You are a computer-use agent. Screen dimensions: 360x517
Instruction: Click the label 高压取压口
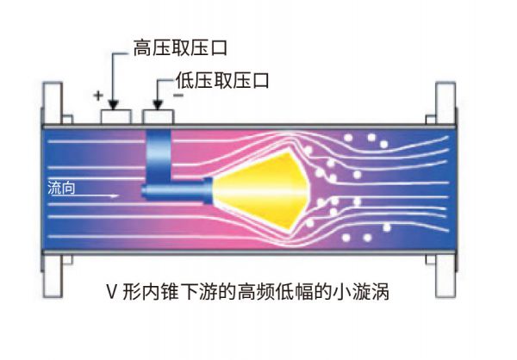pos(181,47)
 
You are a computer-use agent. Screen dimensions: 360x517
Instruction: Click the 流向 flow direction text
pos(61,185)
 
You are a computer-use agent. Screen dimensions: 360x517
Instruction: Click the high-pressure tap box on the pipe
pos(115,115)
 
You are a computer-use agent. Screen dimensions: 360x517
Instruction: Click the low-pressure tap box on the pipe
pos(157,115)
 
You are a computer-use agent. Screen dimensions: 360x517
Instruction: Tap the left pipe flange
pos(51,189)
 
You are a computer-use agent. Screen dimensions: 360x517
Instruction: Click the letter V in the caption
pos(112,294)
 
